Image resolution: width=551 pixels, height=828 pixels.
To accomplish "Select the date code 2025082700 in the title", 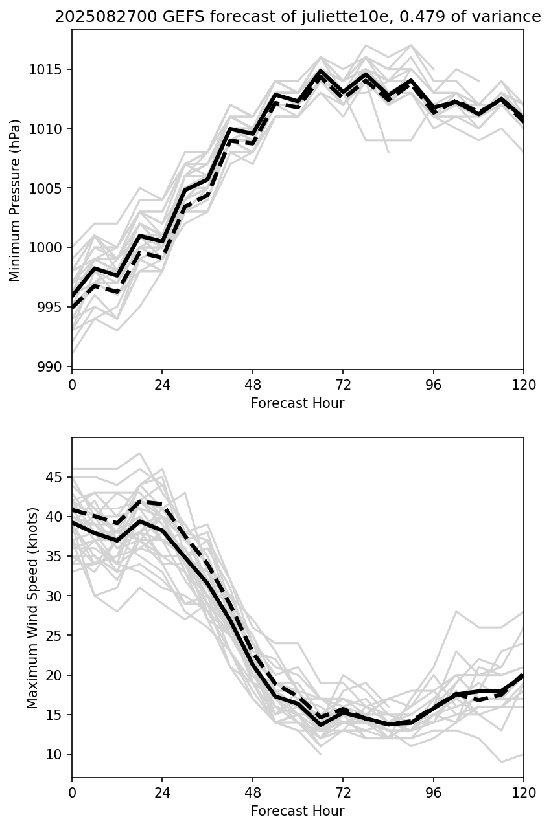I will point(106,17).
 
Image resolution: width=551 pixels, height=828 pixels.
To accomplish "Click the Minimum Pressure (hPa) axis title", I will point(16,200).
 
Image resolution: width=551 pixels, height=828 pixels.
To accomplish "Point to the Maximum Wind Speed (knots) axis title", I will point(32,608).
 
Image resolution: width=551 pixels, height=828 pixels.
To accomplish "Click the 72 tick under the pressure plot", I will point(343,385).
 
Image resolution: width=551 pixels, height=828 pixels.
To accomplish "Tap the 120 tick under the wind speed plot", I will point(524,792).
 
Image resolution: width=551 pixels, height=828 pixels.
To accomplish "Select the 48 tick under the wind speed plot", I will point(253,792).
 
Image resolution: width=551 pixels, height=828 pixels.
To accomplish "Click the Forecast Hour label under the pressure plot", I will point(298,403).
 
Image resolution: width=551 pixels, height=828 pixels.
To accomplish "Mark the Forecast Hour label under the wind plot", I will point(298,811).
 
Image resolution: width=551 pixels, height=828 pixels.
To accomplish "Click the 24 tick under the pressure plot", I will point(162,385).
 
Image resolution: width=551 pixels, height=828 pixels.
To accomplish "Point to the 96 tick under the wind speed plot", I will point(434,792).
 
